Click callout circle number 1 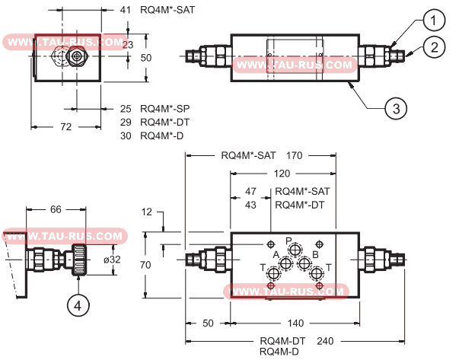434,20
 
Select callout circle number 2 434,47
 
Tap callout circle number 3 396,108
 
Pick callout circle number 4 78,305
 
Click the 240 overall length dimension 325,341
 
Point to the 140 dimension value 295,323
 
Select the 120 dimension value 282,174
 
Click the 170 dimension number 295,155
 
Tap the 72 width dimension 66,126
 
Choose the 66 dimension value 56,209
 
